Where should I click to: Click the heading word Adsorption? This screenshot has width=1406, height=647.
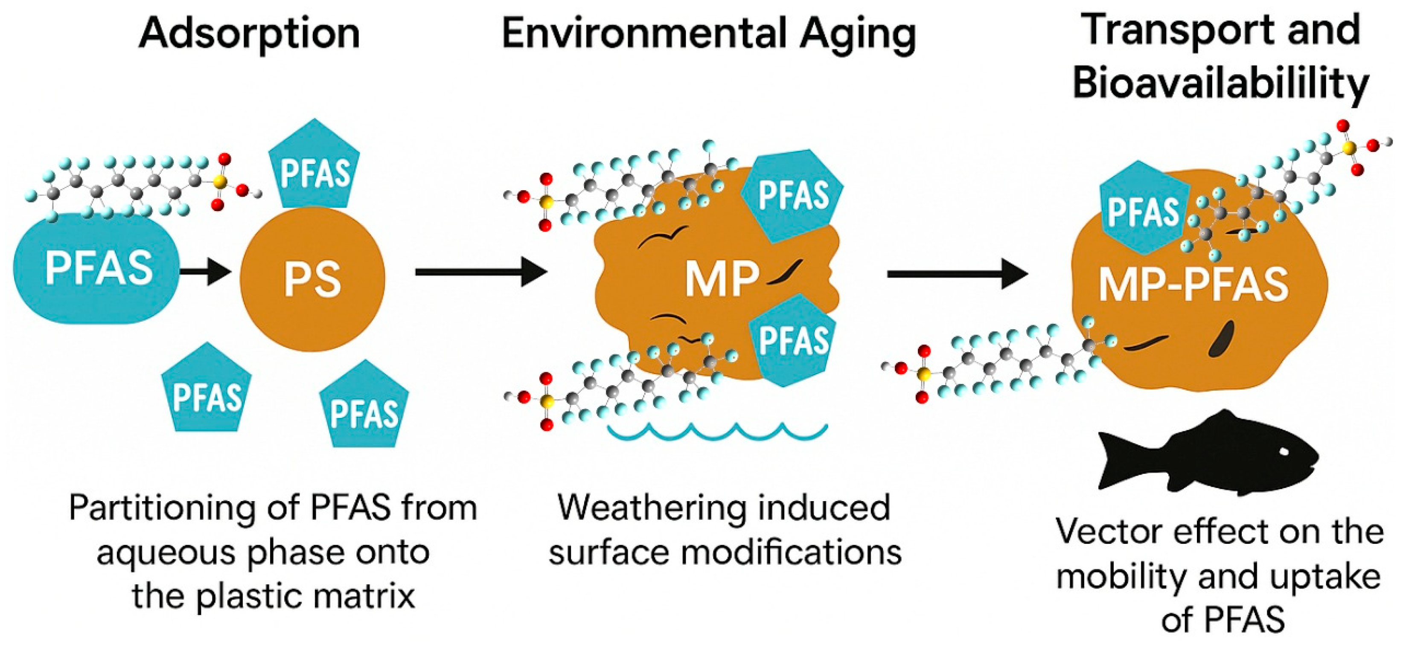coord(250,34)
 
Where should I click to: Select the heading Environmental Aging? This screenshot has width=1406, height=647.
coord(708,34)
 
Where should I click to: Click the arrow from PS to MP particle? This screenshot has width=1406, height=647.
coord(480,272)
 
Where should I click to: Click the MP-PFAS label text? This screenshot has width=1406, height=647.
coord(1193,285)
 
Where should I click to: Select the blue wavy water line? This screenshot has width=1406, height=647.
coord(717,431)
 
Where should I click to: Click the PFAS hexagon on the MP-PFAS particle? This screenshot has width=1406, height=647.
coord(1144,210)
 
